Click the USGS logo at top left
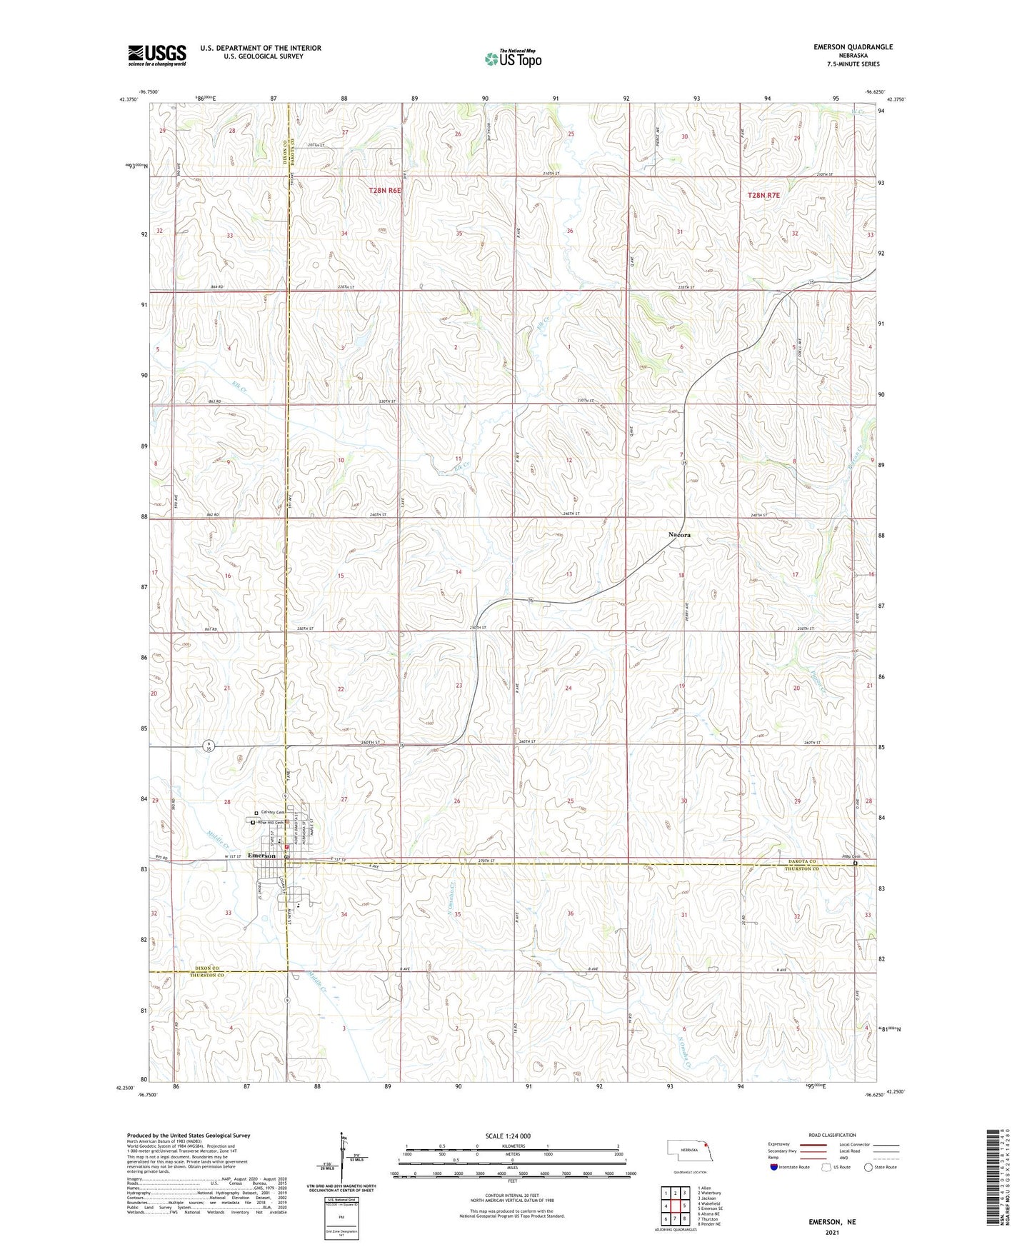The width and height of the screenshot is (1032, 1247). [157, 54]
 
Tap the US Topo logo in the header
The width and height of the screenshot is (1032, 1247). [512, 58]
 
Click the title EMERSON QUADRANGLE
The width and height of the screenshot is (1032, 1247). [853, 47]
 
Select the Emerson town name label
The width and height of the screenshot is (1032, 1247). [261, 856]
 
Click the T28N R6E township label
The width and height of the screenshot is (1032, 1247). [385, 191]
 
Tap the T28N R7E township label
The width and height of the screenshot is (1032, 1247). [765, 195]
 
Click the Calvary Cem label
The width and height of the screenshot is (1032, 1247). [272, 812]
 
